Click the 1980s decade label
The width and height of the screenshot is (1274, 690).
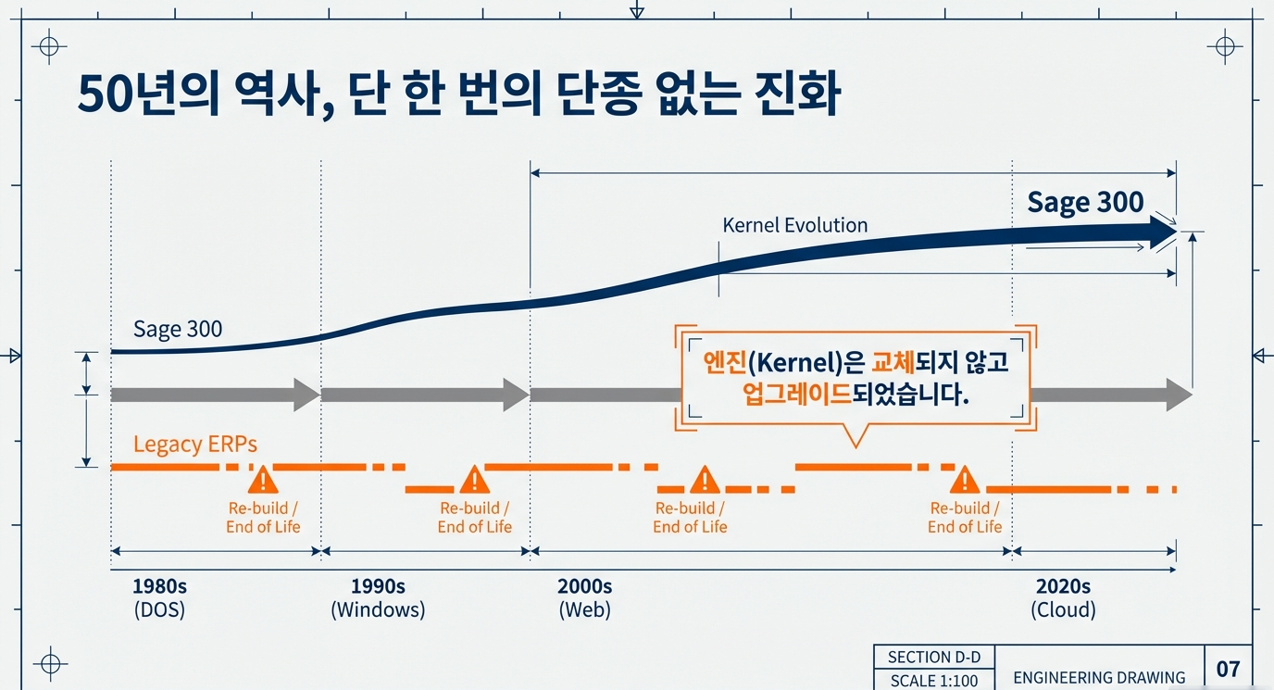[159, 586]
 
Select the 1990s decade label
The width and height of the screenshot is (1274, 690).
[378, 586]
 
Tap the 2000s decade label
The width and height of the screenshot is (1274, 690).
[584, 586]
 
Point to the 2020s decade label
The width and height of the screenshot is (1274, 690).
[1063, 586]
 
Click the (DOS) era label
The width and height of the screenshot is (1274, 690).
[159, 610]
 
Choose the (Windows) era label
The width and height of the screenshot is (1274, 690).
[378, 610]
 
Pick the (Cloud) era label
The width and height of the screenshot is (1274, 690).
[1063, 610]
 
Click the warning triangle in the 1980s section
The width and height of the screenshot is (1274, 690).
[263, 480]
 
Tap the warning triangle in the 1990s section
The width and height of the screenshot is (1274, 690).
[474, 480]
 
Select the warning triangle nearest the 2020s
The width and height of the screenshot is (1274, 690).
[965, 480]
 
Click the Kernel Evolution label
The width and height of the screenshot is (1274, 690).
[794, 225]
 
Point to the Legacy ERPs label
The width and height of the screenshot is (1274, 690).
[195, 444]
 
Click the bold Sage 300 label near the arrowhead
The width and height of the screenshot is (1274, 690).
[1085, 202]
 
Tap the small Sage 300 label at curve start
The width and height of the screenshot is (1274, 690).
[178, 329]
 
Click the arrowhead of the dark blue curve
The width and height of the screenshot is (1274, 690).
[1161, 233]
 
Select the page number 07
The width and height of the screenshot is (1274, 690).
[1228, 669]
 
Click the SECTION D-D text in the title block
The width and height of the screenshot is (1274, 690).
[933, 658]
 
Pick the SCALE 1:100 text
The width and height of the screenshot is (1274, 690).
[933, 681]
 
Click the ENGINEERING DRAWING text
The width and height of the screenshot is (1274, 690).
[1099, 677]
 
